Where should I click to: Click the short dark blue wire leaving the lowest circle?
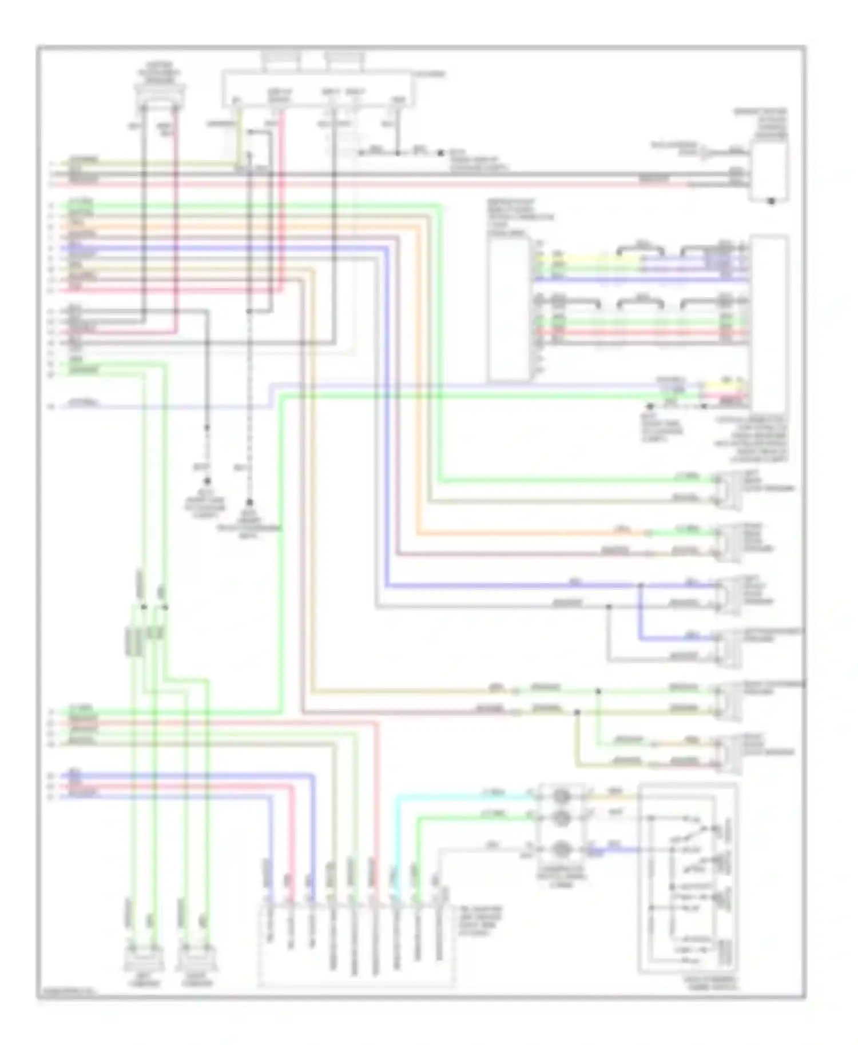point(618,850)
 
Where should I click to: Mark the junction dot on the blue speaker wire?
point(641,585)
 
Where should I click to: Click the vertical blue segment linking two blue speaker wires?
point(641,612)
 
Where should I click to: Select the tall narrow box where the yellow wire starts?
point(509,309)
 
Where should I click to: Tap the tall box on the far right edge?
point(769,320)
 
